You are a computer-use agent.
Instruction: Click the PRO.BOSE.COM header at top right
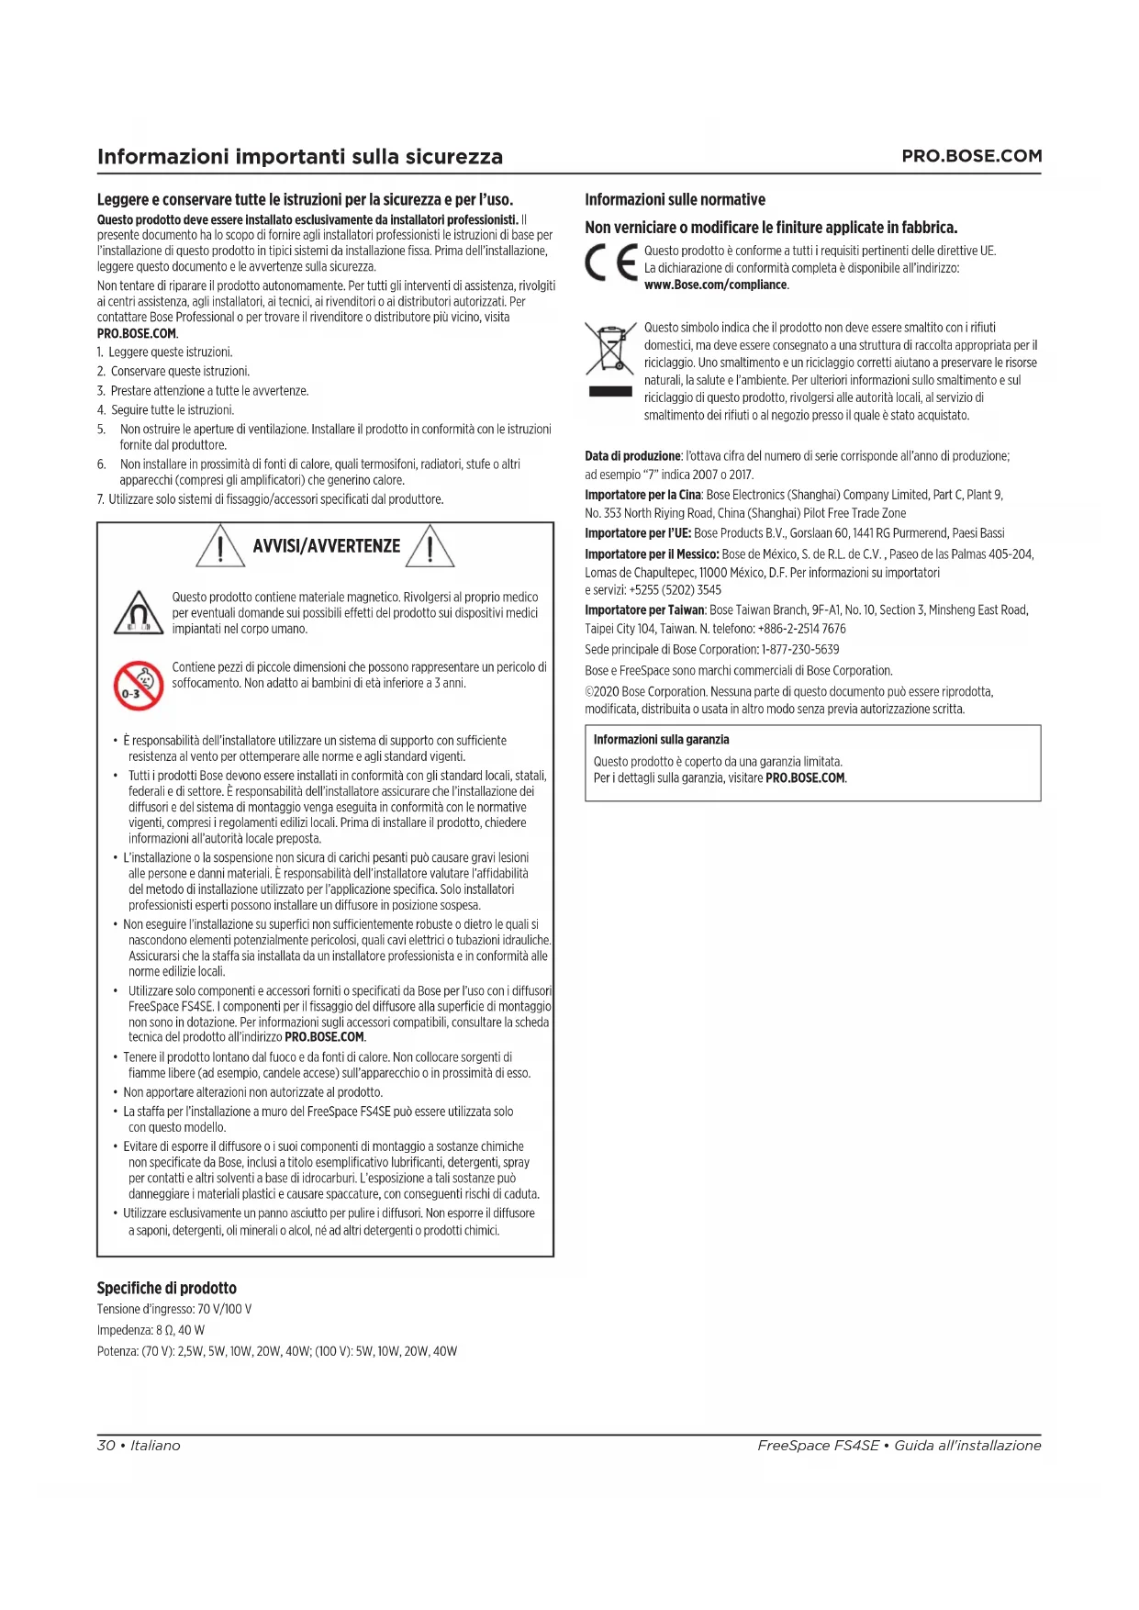point(971,156)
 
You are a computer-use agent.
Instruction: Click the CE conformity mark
point(611,263)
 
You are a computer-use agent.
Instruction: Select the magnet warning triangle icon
point(139,613)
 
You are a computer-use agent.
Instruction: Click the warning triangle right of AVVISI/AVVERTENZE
point(430,545)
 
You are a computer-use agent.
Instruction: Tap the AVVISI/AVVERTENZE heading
point(326,546)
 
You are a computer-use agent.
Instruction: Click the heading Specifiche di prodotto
point(166,1288)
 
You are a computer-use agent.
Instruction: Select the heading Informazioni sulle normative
point(675,199)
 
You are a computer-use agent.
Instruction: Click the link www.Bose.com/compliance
point(716,285)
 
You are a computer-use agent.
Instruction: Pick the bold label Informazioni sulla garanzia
point(661,740)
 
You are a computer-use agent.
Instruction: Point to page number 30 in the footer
point(106,1446)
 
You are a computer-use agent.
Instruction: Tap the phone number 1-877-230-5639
point(799,649)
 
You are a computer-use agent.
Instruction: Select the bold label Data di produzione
point(632,456)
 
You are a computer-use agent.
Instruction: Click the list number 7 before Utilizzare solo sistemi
point(101,499)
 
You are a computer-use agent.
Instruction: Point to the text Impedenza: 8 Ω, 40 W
point(151,1330)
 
